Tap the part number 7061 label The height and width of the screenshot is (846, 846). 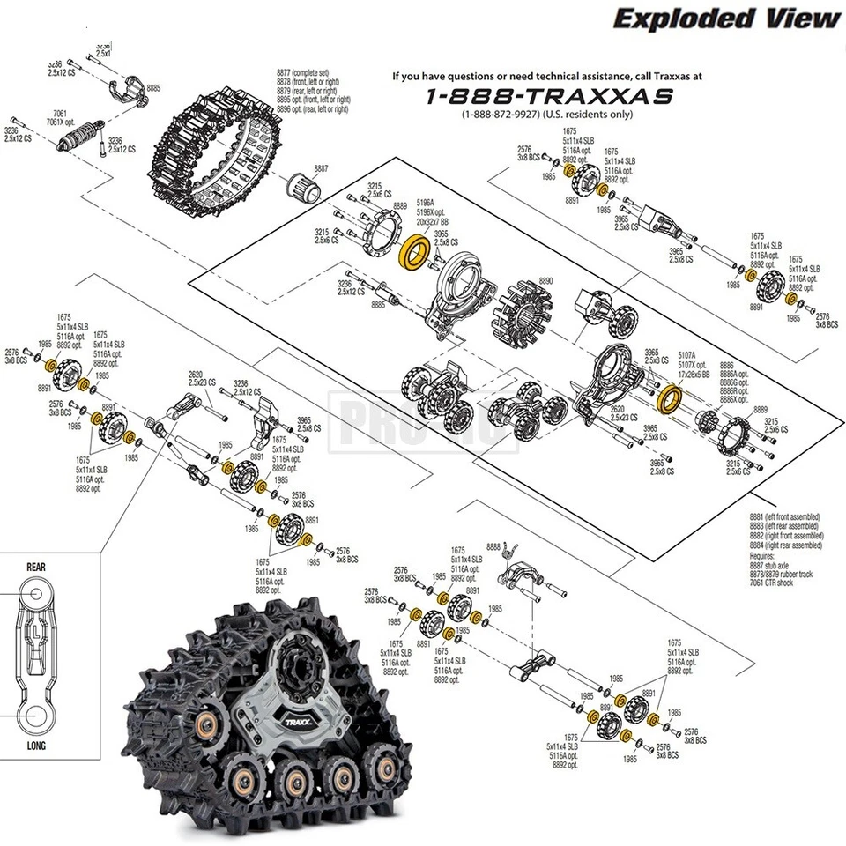coord(60,113)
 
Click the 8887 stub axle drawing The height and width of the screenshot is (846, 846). coord(303,186)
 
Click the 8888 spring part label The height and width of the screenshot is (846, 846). coord(493,546)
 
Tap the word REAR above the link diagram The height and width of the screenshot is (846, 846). coord(35,568)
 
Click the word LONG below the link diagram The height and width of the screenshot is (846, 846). coord(35,745)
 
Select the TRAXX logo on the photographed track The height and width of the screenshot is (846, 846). coord(291,716)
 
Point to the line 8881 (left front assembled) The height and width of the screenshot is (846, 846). coord(784,516)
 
